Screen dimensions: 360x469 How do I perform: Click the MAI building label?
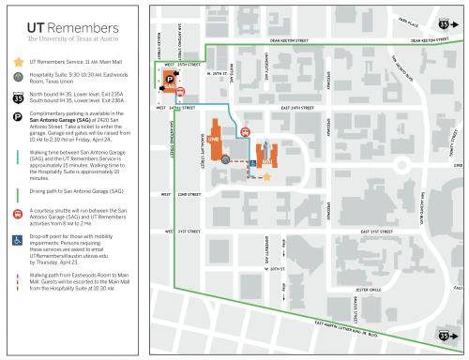(x=265, y=161)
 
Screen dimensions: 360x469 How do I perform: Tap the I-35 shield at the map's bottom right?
(x=455, y=333)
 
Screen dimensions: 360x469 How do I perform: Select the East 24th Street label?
(x=297, y=108)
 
